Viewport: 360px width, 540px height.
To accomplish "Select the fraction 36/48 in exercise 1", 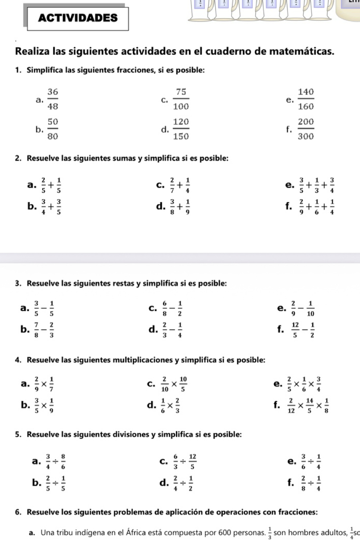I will (x=53, y=98).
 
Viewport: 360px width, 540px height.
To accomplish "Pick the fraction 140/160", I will (x=306, y=98).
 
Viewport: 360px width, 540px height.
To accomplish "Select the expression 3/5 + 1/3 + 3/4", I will (x=314, y=185).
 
